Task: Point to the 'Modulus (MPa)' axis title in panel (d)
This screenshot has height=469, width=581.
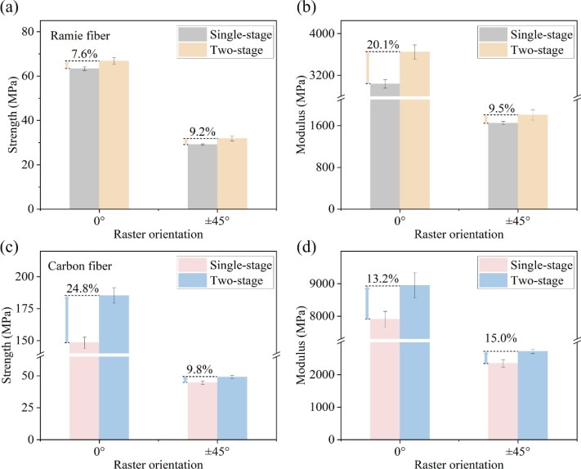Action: coord(304,352)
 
